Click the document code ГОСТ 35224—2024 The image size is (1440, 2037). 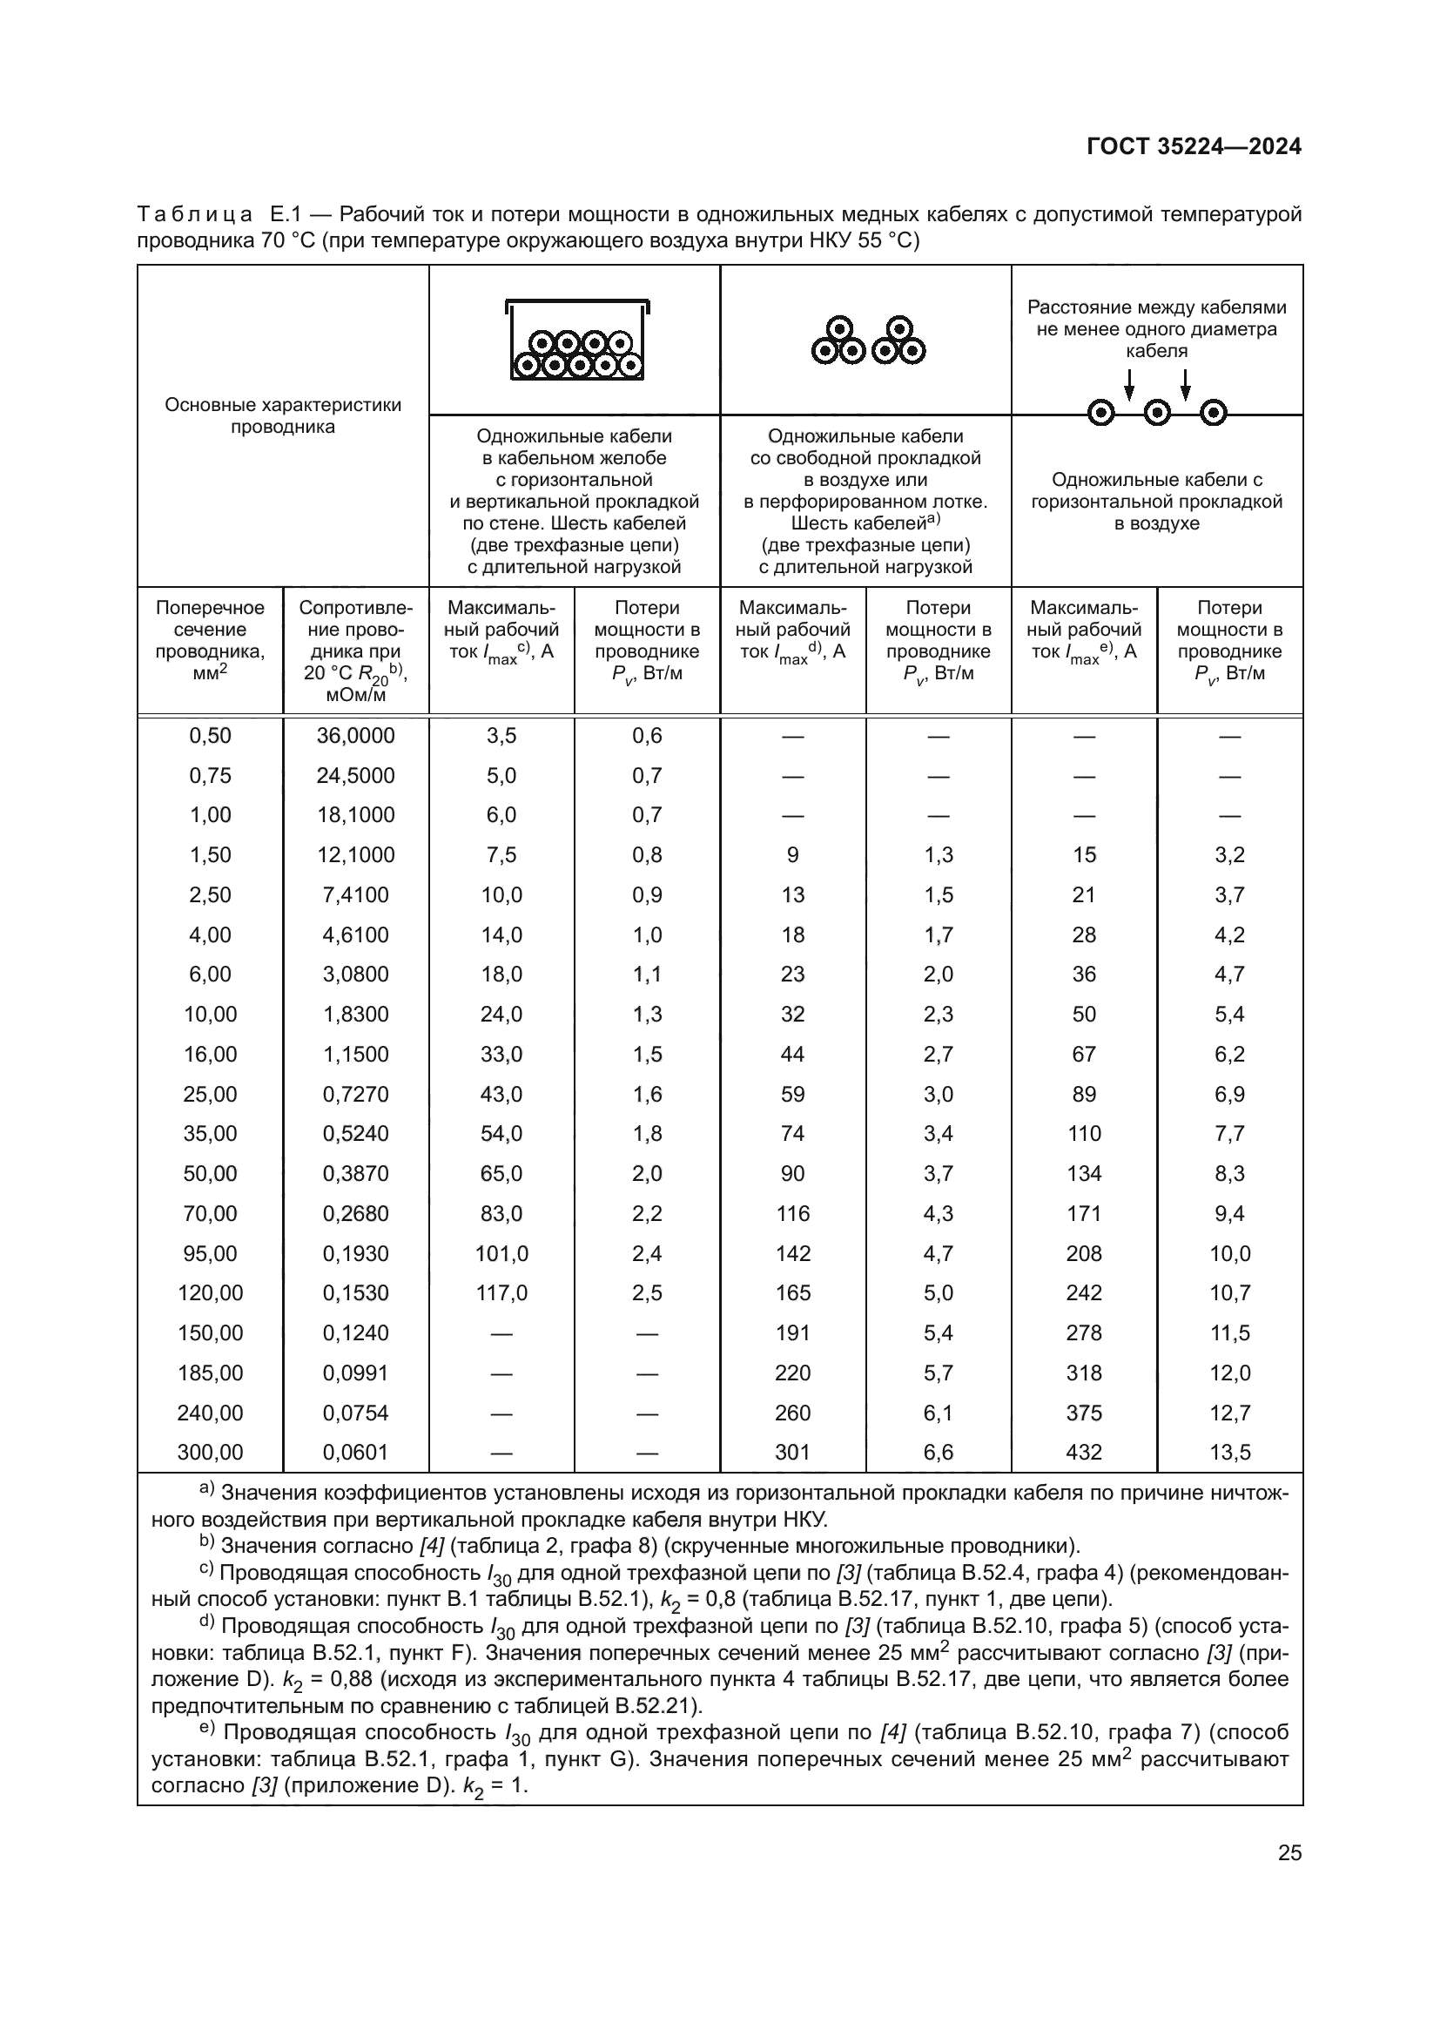click(x=1194, y=147)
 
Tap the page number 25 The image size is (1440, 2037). click(x=1289, y=1853)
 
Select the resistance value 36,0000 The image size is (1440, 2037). click(x=355, y=736)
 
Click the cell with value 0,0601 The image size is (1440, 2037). click(x=355, y=1453)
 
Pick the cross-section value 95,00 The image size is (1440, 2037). click(x=210, y=1253)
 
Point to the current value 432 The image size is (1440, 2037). click(x=1084, y=1453)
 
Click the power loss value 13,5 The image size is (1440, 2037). click(x=1229, y=1453)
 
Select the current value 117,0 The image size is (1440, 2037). click(x=501, y=1293)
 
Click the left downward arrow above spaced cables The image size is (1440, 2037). click(x=1129, y=383)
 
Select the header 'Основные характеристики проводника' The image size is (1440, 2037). click(x=283, y=415)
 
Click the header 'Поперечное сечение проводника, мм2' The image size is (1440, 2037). click(x=210, y=641)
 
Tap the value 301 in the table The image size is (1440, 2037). click(x=793, y=1453)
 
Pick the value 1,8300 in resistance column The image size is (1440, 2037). click(x=355, y=1014)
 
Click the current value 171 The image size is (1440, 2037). click(x=1084, y=1214)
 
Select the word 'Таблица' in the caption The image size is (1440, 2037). click(x=195, y=215)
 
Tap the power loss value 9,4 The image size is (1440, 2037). click(x=1229, y=1214)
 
